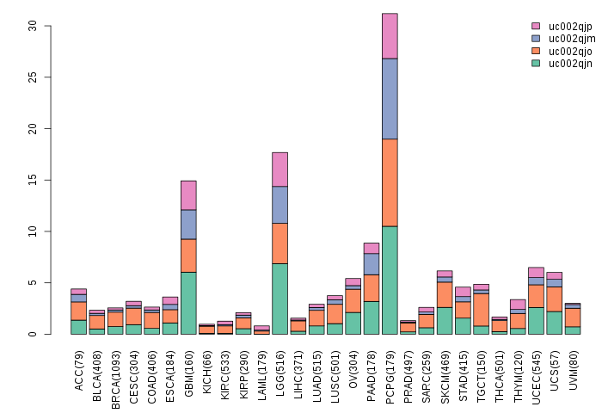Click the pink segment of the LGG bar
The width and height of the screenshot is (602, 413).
[x=279, y=169]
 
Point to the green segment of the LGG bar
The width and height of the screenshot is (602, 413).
[x=279, y=299]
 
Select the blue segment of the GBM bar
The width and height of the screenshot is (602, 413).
[x=188, y=224]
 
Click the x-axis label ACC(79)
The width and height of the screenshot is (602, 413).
[x=79, y=371]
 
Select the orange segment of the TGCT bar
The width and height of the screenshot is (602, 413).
[x=481, y=309]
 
